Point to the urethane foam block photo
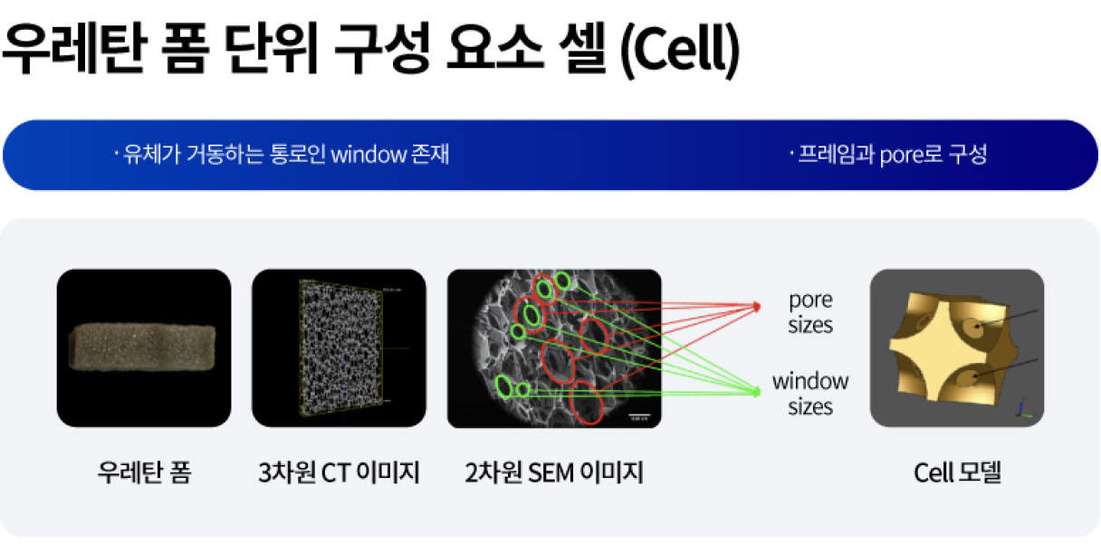coord(143,348)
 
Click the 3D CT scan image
coord(339,348)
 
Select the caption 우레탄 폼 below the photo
coord(144,472)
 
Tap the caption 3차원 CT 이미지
coord(339,472)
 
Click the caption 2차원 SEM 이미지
coord(554,472)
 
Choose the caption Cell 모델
coord(957,472)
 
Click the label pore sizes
coord(809,312)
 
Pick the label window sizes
coord(809,394)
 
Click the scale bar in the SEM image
coord(639,415)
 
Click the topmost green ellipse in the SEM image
coord(562,281)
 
